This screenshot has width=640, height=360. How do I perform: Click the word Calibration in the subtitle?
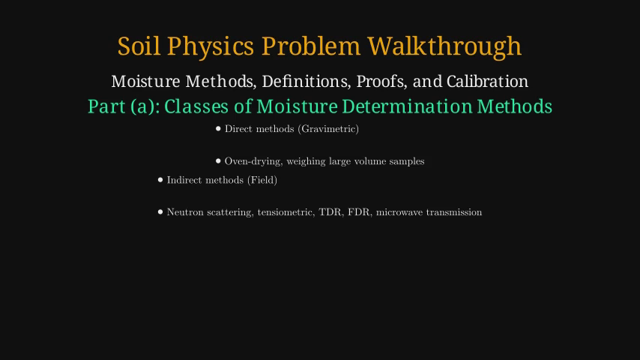coord(487,81)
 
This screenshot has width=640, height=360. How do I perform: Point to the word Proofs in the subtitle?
coord(381,82)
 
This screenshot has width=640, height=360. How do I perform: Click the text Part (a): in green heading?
coord(124,107)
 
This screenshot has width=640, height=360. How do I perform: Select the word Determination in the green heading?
coord(406,106)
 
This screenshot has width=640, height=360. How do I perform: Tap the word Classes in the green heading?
coord(196,106)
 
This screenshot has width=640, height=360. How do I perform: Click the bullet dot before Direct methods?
coord(218,129)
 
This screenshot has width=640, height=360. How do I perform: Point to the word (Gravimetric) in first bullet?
coord(328,129)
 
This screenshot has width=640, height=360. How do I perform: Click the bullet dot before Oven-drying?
coord(218,161)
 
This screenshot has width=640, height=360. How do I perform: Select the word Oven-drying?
coord(253,161)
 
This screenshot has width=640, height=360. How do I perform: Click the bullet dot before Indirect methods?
coord(160,180)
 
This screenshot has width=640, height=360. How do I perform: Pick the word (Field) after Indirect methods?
coord(262,180)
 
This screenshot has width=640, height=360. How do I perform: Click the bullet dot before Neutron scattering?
coord(160,211)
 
